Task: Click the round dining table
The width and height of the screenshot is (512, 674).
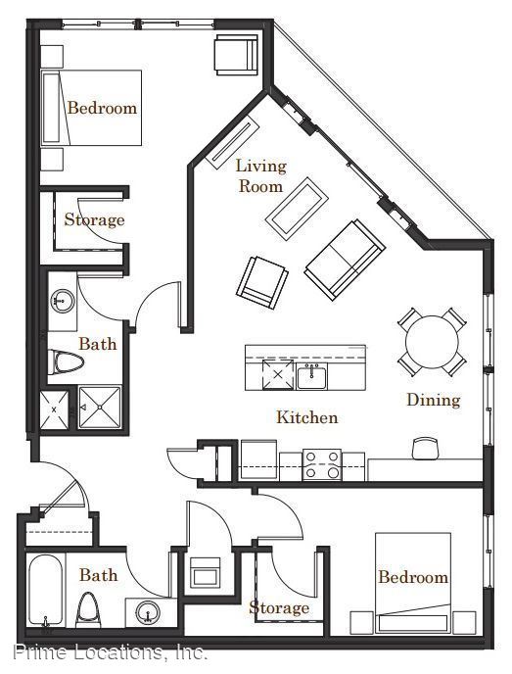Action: tap(432, 342)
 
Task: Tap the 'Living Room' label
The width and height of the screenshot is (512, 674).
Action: tap(260, 175)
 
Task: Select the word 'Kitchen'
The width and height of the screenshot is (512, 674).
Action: tap(307, 417)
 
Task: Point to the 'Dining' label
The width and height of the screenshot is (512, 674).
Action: tap(434, 400)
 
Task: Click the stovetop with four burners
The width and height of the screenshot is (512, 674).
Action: tap(322, 464)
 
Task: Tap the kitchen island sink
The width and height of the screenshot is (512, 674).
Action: tap(312, 376)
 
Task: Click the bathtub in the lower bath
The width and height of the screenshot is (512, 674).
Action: tap(46, 591)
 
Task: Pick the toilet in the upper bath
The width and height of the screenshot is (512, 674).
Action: tap(66, 361)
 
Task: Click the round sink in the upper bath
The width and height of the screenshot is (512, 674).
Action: tap(63, 299)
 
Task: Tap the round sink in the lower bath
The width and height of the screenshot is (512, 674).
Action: tap(148, 612)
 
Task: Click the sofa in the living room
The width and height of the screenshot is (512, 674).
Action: tap(345, 260)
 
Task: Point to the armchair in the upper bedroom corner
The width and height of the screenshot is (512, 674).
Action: tap(237, 55)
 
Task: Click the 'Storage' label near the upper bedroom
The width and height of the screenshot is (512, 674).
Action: tap(95, 219)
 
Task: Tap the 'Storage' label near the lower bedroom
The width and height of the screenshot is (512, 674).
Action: tap(279, 607)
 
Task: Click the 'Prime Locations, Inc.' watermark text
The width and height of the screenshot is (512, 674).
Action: tap(111, 652)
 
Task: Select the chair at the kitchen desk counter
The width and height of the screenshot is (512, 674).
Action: tap(425, 448)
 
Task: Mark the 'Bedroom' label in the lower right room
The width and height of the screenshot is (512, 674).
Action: tap(413, 577)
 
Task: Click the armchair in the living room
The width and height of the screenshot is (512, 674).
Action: tap(262, 282)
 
